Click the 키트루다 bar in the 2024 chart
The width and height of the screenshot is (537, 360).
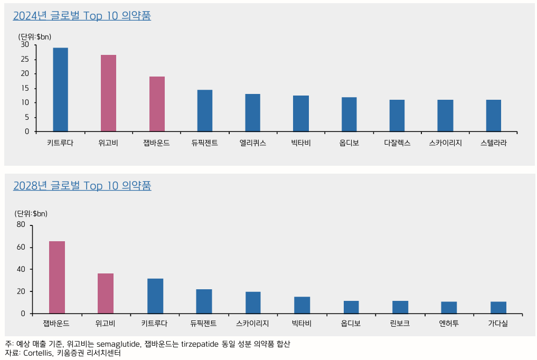tap(60, 90)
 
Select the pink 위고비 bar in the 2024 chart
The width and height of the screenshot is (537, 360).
tap(108, 93)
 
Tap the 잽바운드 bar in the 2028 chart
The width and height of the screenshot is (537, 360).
tap(57, 277)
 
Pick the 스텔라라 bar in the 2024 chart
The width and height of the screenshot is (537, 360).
tap(494, 116)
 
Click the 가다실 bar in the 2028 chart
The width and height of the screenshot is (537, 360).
tap(498, 307)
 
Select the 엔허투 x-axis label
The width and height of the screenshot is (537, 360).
tap(449, 323)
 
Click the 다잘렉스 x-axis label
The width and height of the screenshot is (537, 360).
tap(397, 143)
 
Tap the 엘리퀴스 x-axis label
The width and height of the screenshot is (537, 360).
tap(252, 143)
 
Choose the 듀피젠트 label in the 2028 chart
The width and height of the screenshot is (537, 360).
tap(204, 323)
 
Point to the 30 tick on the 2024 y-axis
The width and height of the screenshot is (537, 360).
tap(25, 45)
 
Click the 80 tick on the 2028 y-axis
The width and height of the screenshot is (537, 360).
tap(21, 224)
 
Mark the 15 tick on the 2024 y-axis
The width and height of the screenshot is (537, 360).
tap(25, 88)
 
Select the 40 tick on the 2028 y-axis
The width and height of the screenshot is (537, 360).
tap(21, 269)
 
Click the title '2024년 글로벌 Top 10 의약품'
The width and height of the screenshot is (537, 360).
tap(82, 16)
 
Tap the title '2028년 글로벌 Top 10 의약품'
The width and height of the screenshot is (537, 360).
tap(82, 186)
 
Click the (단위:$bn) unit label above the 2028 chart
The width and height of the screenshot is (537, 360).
tap(31, 214)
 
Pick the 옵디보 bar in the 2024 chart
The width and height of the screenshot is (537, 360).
tap(349, 115)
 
